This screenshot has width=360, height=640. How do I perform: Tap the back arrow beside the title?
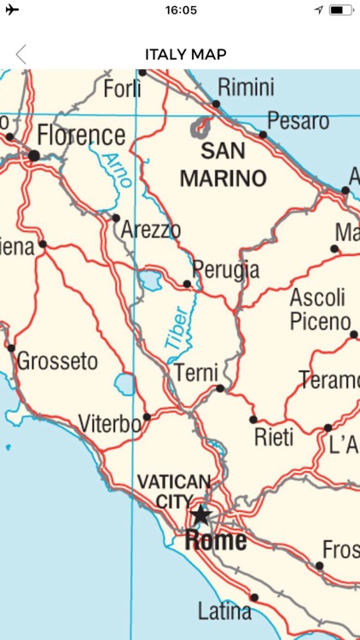(x=20, y=55)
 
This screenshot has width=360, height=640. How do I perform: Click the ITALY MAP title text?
(x=185, y=55)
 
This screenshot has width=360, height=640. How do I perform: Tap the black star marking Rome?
(x=200, y=515)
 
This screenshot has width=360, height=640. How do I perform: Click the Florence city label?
(x=81, y=136)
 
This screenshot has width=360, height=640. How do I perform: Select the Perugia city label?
(x=225, y=270)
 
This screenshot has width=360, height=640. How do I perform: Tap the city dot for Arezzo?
(x=116, y=218)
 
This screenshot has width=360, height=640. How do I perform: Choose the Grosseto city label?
(x=57, y=361)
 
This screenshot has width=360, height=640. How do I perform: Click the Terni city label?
(x=196, y=373)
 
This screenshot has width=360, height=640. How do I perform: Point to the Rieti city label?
(x=274, y=438)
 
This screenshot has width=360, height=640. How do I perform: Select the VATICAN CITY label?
(x=173, y=491)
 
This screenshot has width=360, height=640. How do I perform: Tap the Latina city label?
(x=224, y=611)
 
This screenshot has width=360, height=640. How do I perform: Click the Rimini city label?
(x=246, y=87)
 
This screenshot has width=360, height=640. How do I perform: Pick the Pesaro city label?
(x=298, y=120)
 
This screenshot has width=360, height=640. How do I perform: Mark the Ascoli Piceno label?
(x=319, y=310)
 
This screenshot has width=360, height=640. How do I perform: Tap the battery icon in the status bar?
(x=340, y=10)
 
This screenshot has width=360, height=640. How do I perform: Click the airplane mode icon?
(x=12, y=10)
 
